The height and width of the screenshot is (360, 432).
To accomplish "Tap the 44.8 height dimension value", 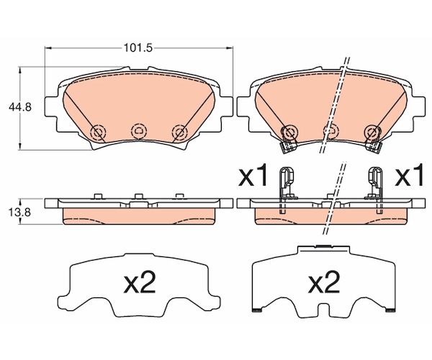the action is (x=20, y=107).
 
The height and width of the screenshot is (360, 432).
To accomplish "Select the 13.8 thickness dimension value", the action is (x=19, y=212).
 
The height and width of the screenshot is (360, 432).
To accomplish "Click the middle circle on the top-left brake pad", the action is (x=139, y=131).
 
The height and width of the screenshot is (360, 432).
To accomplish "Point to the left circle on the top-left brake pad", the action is (x=99, y=132).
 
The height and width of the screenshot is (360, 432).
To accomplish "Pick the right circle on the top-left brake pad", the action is (x=179, y=132).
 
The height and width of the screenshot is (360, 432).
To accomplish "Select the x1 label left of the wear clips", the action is (x=253, y=175).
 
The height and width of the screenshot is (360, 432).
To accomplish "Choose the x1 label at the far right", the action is (x=409, y=175).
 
